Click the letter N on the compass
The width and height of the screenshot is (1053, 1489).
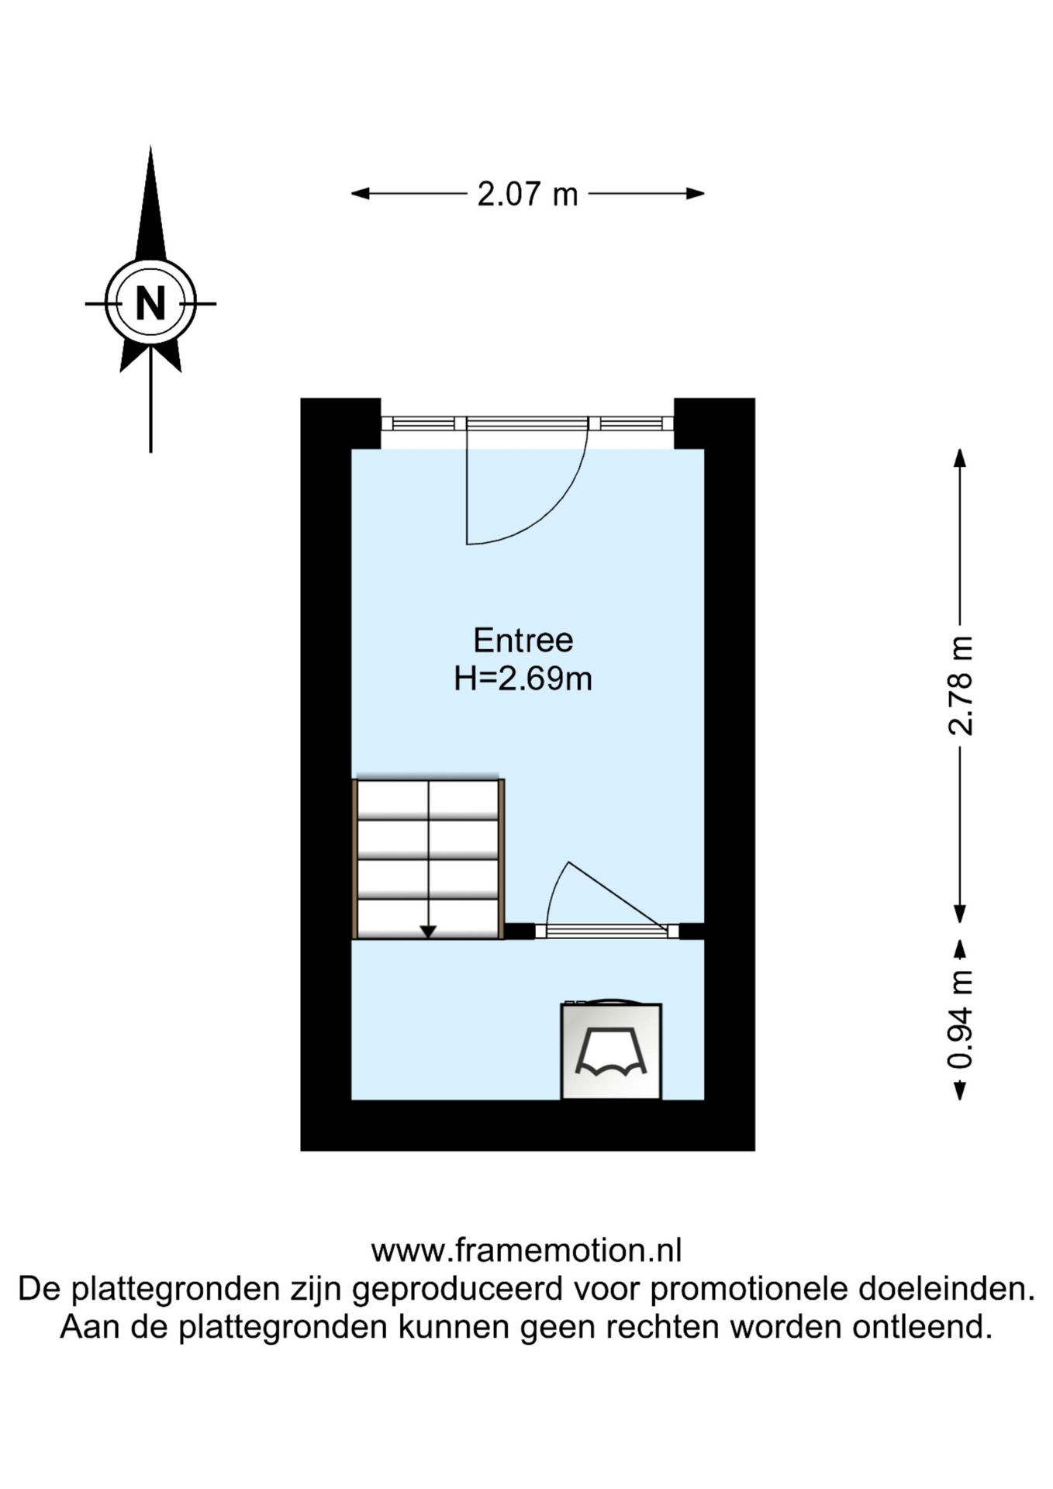tap(150, 303)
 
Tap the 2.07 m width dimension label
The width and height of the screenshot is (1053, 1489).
tap(527, 194)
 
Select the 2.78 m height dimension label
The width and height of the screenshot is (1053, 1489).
tap(960, 686)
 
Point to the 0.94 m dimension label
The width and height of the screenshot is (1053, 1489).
tap(960, 1019)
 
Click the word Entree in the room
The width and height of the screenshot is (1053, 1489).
tap(523, 641)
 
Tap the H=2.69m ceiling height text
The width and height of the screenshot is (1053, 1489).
tap(523, 679)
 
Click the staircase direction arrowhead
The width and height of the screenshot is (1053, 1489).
tap(428, 931)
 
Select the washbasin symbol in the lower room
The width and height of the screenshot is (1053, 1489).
tap(611, 1051)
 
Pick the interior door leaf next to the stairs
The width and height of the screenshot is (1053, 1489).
tap(617, 896)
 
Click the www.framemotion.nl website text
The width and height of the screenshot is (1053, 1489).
tap(526, 1251)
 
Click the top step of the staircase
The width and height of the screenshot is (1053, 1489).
tap(428, 799)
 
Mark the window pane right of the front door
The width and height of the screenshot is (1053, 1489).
tap(631, 423)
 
